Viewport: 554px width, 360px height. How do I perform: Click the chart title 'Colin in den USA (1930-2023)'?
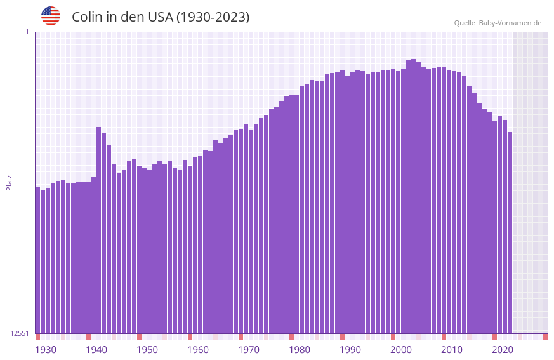(161, 17)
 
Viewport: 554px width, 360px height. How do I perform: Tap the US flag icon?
(51, 16)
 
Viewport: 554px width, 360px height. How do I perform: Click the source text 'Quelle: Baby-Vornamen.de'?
(498, 23)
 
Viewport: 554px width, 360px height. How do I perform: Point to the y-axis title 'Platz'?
(9, 182)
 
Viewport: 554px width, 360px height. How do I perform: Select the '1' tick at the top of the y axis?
(27, 32)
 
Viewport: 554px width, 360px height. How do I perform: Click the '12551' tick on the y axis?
(20, 333)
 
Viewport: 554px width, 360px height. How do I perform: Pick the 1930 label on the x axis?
(46, 350)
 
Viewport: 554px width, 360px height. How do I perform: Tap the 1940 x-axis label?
(96, 350)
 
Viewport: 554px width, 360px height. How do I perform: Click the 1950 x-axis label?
(147, 350)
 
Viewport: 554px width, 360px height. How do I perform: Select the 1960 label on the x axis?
(198, 350)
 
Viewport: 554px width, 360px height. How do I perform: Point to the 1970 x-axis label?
(249, 350)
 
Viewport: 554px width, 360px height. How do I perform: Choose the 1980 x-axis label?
(300, 350)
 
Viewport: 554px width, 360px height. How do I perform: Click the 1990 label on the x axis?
(350, 350)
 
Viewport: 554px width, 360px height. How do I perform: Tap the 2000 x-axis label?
(401, 350)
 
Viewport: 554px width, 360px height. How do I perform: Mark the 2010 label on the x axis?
(452, 350)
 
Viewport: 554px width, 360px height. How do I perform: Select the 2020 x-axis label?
(503, 350)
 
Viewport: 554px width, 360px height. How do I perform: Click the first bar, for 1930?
(37, 260)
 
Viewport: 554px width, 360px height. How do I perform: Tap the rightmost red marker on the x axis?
(545, 337)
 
